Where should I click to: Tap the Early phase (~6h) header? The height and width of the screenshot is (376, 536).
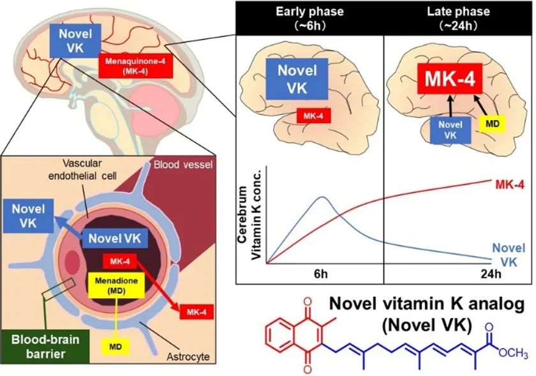click(309, 17)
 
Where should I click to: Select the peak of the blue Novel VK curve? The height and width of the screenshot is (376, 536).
click(323, 197)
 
